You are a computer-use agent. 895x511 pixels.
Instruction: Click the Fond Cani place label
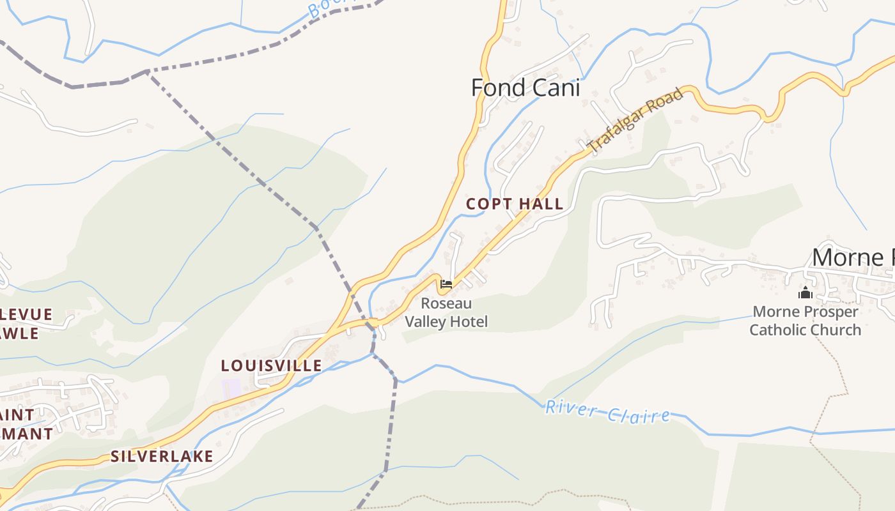click(525, 88)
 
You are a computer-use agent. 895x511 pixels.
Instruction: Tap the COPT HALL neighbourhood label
click(515, 204)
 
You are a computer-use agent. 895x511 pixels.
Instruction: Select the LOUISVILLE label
click(271, 365)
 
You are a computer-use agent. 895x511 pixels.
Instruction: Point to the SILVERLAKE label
click(162, 456)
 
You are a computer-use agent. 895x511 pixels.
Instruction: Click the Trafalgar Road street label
click(635, 121)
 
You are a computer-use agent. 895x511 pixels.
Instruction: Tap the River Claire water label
click(607, 412)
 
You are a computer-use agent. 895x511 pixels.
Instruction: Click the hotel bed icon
click(446, 284)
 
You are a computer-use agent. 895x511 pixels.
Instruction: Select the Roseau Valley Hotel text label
click(446, 312)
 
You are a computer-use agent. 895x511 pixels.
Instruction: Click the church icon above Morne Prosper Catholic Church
click(805, 293)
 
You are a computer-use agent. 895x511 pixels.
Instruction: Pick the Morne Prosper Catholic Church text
click(805, 321)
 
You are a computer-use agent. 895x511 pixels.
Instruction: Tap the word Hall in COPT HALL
click(541, 204)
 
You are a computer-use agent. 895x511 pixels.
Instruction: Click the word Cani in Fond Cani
click(553, 88)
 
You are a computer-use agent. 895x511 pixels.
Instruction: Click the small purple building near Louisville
click(231, 387)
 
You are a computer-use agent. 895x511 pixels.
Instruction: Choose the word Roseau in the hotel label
click(446, 303)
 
